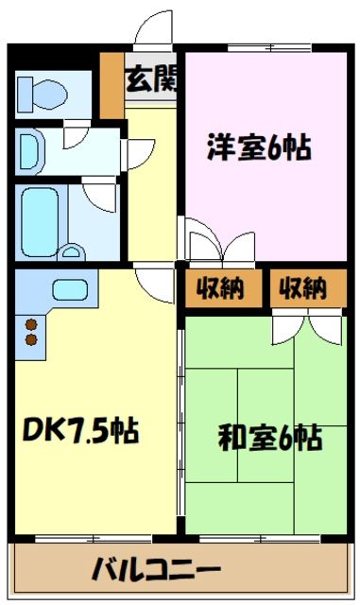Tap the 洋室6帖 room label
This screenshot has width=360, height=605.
260,147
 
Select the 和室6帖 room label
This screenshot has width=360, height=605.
269,438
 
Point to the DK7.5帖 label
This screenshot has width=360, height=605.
80,431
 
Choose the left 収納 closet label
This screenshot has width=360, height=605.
220,287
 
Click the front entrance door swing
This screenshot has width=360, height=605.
151,31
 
